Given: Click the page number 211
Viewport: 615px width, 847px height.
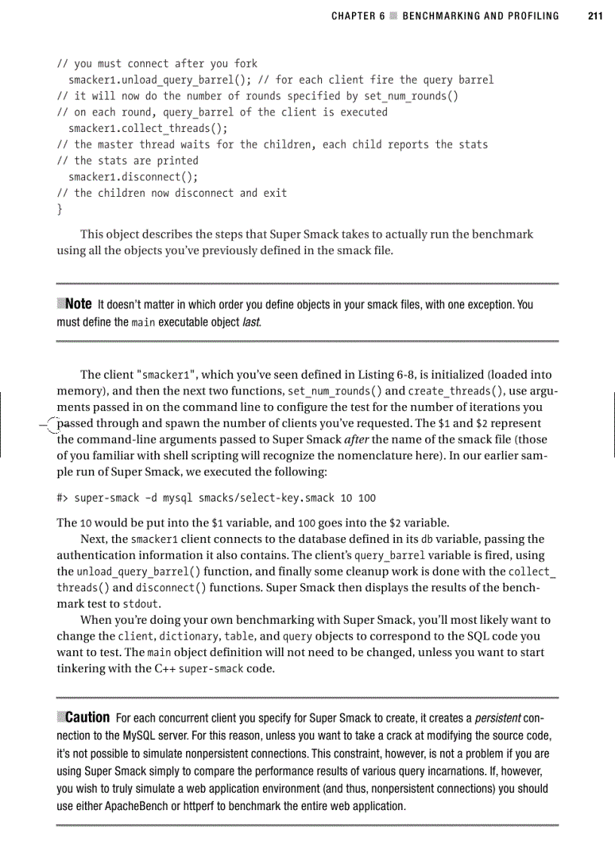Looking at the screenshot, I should coord(595,16).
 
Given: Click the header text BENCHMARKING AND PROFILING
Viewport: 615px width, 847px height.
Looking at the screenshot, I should coord(481,16).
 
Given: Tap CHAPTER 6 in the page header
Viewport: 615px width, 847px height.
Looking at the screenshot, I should coord(353,16).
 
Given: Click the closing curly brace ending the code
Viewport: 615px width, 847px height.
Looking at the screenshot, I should coord(60,209).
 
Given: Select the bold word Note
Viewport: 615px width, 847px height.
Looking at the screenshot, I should coord(78,305).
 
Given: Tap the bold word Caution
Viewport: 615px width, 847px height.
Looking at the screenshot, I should coord(87,717).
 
